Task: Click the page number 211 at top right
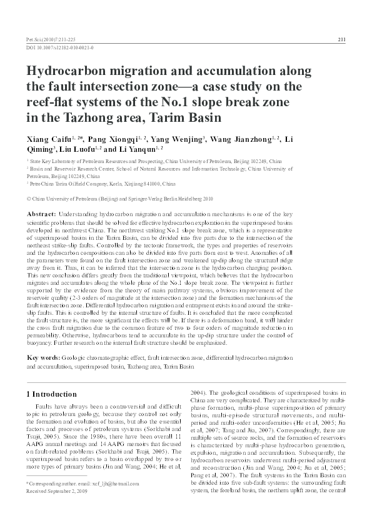[341, 39]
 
